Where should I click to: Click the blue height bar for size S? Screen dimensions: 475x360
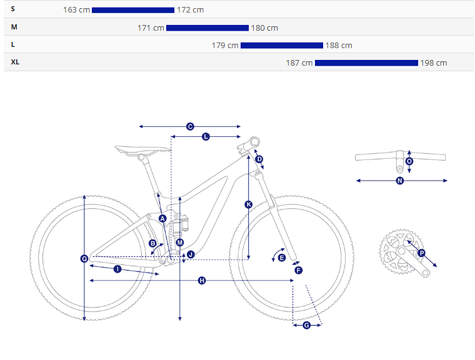133,10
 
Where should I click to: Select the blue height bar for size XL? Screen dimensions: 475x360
366,62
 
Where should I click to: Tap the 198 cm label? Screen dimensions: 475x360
434,62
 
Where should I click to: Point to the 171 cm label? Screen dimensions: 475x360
151,28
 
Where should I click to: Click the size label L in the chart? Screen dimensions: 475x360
12,44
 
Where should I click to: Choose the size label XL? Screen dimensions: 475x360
15,62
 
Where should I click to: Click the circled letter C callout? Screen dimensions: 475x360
190,126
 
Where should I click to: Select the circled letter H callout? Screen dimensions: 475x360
202,281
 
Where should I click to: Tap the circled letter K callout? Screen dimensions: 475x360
248,204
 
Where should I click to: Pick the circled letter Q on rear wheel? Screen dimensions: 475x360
84,259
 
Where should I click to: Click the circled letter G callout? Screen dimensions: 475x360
307,325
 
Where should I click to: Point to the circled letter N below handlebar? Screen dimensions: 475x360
400,181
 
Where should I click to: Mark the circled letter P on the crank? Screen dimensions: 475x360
421,253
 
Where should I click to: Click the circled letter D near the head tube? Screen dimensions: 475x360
259,159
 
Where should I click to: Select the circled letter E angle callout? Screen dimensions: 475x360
282,258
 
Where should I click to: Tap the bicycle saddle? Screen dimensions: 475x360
142,150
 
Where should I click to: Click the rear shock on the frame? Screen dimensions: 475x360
181,226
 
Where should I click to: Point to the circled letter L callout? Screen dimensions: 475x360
206,137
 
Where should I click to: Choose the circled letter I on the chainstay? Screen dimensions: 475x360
117,269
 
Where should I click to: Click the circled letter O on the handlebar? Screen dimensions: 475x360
409,161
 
